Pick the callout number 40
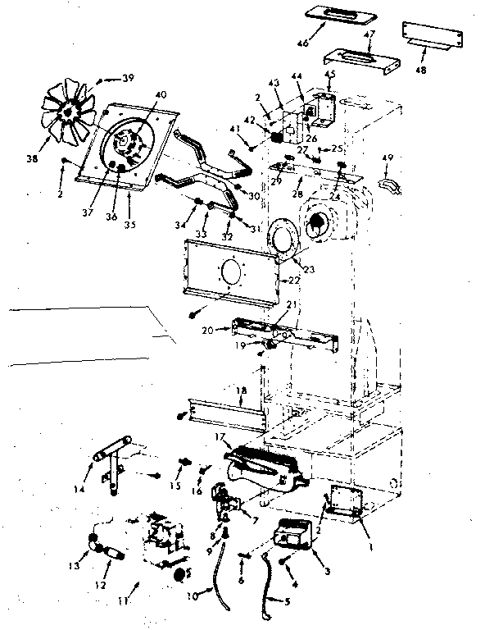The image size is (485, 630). pos(160,94)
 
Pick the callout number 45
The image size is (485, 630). pos(330,75)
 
